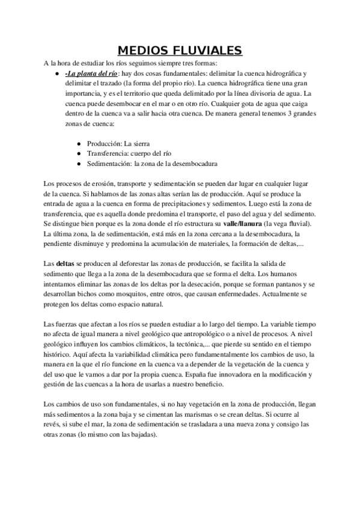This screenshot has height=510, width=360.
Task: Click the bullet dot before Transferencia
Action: coord(80,153)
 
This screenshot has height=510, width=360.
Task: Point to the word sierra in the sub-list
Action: coord(139,144)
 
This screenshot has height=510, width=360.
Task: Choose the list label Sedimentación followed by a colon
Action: coord(109,163)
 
